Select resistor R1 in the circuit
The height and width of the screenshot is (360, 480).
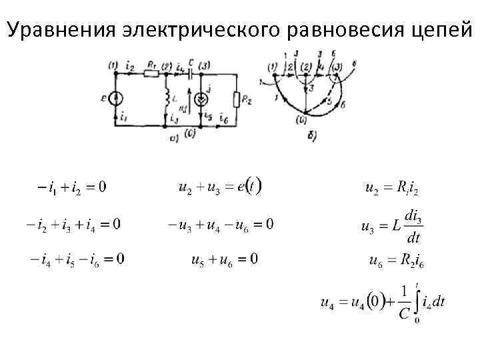(152, 74)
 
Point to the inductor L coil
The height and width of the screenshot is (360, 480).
(167, 100)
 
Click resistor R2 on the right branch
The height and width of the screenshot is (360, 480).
(237, 100)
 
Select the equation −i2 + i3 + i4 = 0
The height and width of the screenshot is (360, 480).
(73, 224)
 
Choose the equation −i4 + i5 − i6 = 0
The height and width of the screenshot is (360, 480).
(75, 258)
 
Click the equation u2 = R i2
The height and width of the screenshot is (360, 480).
(393, 188)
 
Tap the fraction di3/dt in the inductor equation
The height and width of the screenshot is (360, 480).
(414, 227)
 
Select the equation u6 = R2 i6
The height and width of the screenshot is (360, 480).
(397, 259)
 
